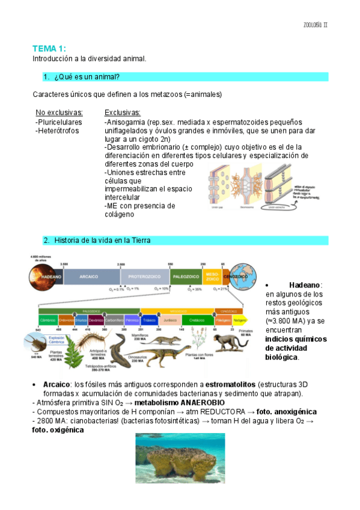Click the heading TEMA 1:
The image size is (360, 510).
coord(49,48)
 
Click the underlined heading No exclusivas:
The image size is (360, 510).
coord(59,112)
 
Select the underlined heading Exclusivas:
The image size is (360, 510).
coord(123,112)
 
